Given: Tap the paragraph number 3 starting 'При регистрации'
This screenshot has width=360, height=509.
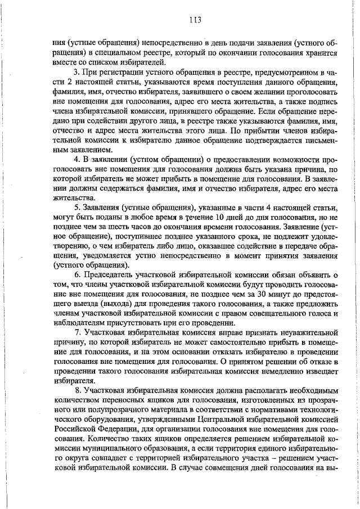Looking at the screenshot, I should (76, 73).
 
